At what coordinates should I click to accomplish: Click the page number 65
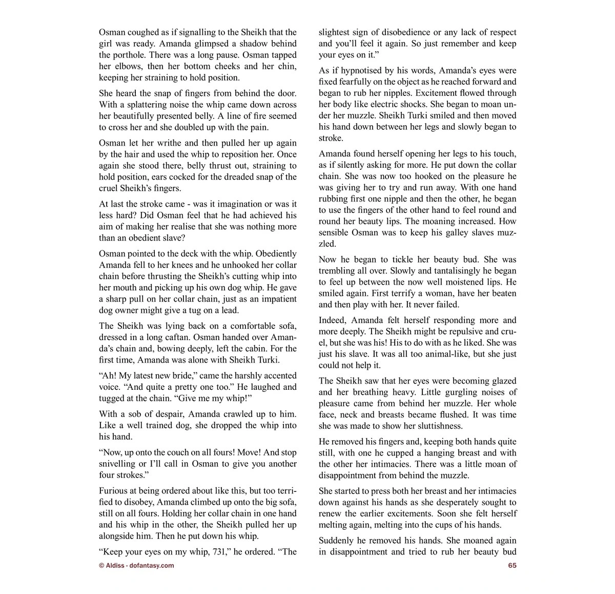point(512,566)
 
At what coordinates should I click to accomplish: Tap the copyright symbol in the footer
point(101,566)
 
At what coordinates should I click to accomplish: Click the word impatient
point(273,299)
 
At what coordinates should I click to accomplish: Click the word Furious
point(116,491)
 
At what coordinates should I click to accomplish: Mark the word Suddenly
point(336,541)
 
